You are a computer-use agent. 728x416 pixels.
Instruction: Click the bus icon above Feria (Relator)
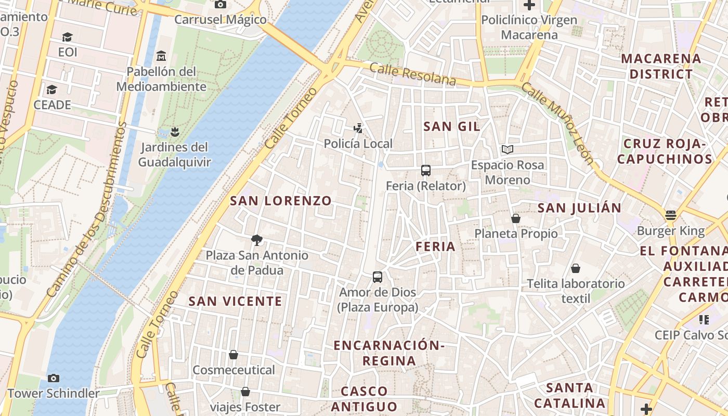[x=425, y=170]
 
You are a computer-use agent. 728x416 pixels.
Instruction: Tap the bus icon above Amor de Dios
[x=378, y=277]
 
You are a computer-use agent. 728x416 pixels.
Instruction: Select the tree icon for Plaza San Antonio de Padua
[x=256, y=240]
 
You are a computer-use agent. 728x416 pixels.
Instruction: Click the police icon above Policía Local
[x=358, y=128]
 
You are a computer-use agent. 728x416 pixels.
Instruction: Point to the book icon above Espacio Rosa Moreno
[x=508, y=150]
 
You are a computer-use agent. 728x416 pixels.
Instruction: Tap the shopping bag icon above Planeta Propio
[x=516, y=218]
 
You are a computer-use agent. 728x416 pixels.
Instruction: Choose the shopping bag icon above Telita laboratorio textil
[x=576, y=268]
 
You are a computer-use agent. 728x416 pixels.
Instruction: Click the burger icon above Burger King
[x=670, y=215]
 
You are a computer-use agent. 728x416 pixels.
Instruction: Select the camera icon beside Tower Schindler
[x=53, y=378]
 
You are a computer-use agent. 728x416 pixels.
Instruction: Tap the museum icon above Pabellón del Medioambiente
[x=161, y=56]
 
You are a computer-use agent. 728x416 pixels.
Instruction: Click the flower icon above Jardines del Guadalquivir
[x=175, y=132]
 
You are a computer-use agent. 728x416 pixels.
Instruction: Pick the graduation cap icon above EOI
[x=67, y=37]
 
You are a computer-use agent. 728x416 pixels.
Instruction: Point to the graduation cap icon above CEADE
[x=51, y=90]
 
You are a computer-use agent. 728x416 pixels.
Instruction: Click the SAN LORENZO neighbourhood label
[x=281, y=201]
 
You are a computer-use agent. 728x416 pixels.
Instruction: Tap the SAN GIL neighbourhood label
[x=451, y=126]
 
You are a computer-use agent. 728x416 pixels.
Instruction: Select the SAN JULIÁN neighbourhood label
[x=579, y=208]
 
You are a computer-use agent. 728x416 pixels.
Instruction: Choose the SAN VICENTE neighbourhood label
[x=235, y=301]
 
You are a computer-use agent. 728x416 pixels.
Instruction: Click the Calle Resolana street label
[x=413, y=74]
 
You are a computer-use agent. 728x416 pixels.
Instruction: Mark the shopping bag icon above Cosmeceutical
[x=233, y=355]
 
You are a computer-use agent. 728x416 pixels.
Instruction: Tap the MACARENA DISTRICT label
[x=661, y=66]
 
